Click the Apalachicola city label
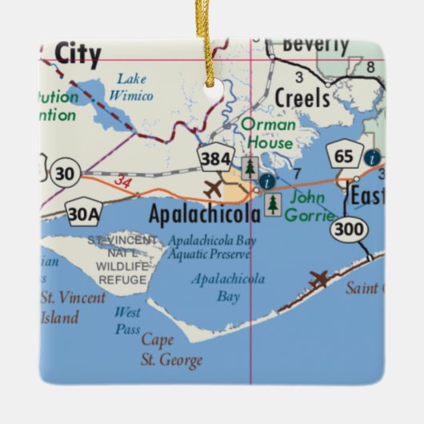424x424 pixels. [205, 214]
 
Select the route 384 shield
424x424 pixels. [216, 157]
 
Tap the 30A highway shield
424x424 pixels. [84, 214]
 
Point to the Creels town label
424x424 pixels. [302, 98]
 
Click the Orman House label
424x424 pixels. [268, 133]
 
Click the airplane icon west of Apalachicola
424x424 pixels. [213, 190]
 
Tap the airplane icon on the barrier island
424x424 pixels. [318, 279]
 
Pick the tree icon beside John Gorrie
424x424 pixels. [274, 205]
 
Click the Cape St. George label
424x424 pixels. [171, 350]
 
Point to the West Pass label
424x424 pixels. [127, 320]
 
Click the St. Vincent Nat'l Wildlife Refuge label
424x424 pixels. [118, 260]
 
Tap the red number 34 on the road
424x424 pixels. [122, 184]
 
